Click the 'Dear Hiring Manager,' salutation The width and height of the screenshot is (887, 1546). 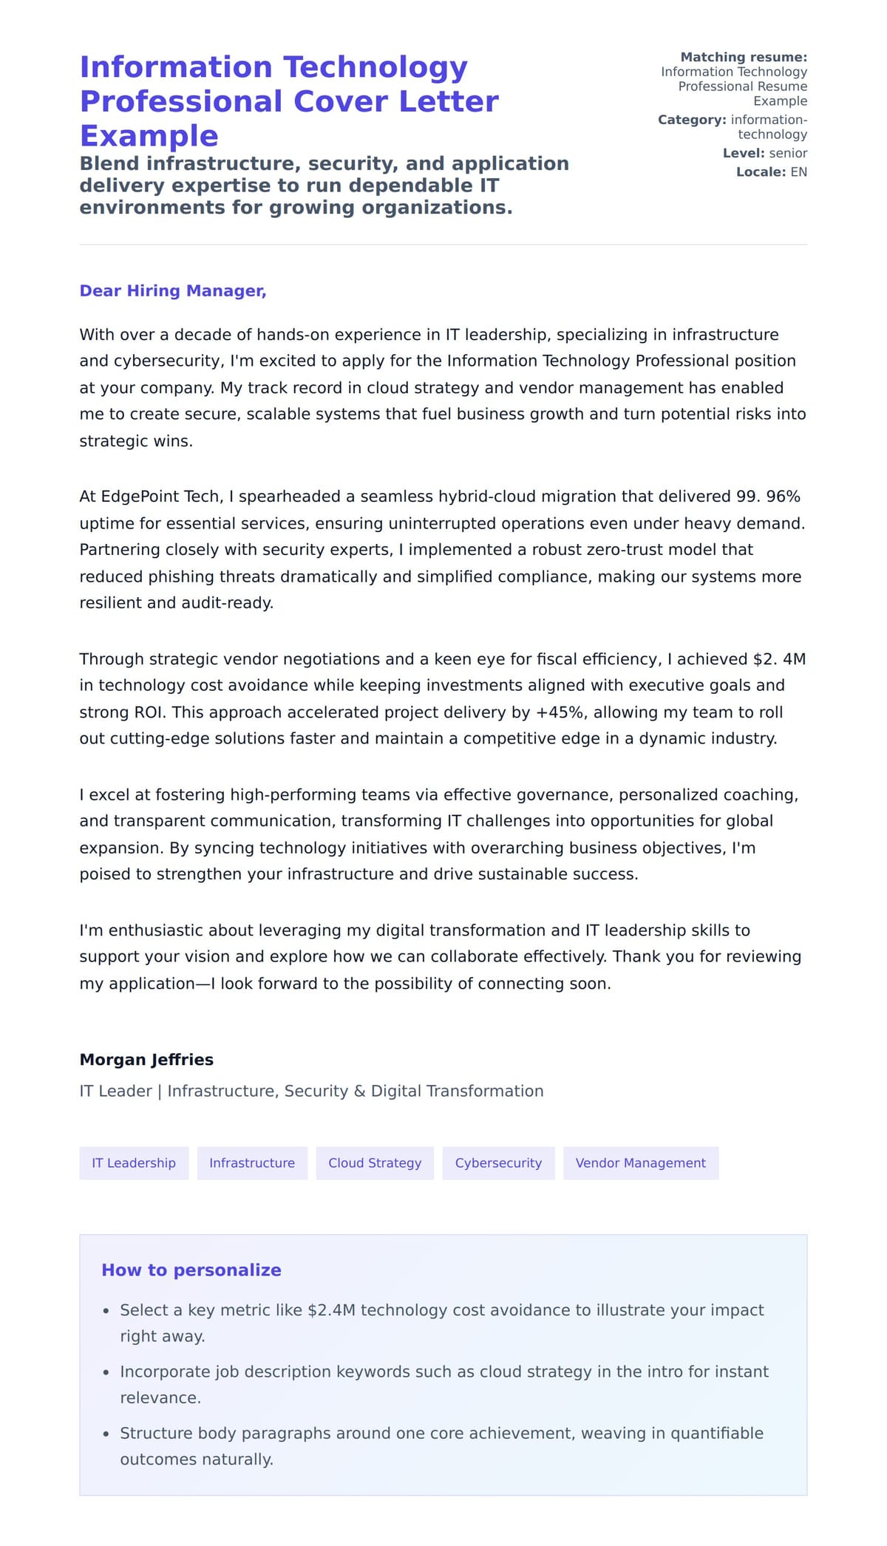pyautogui.click(x=172, y=291)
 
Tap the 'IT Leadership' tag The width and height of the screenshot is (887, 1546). pyautogui.click(x=134, y=1162)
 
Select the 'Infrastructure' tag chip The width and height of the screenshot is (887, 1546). pyautogui.click(x=252, y=1162)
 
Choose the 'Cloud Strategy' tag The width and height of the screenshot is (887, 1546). pyautogui.click(x=375, y=1162)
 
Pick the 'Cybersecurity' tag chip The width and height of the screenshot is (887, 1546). pyautogui.click(x=498, y=1162)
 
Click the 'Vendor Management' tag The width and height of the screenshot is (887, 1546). pyautogui.click(x=640, y=1162)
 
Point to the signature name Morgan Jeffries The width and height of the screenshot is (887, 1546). pyautogui.click(x=146, y=1059)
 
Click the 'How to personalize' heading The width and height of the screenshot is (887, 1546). pyautogui.click(x=191, y=1270)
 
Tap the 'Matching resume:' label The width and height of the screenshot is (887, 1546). pyautogui.click(x=743, y=57)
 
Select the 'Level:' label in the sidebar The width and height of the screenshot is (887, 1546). pyautogui.click(x=743, y=153)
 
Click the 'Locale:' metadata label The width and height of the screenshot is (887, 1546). pyautogui.click(x=761, y=172)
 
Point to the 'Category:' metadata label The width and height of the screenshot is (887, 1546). pyautogui.click(x=692, y=120)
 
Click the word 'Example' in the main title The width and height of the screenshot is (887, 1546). pyautogui.click(x=149, y=136)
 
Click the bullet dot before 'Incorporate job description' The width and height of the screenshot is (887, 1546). pyautogui.click(x=106, y=1372)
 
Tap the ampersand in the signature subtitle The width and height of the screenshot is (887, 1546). pyautogui.click(x=359, y=1092)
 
